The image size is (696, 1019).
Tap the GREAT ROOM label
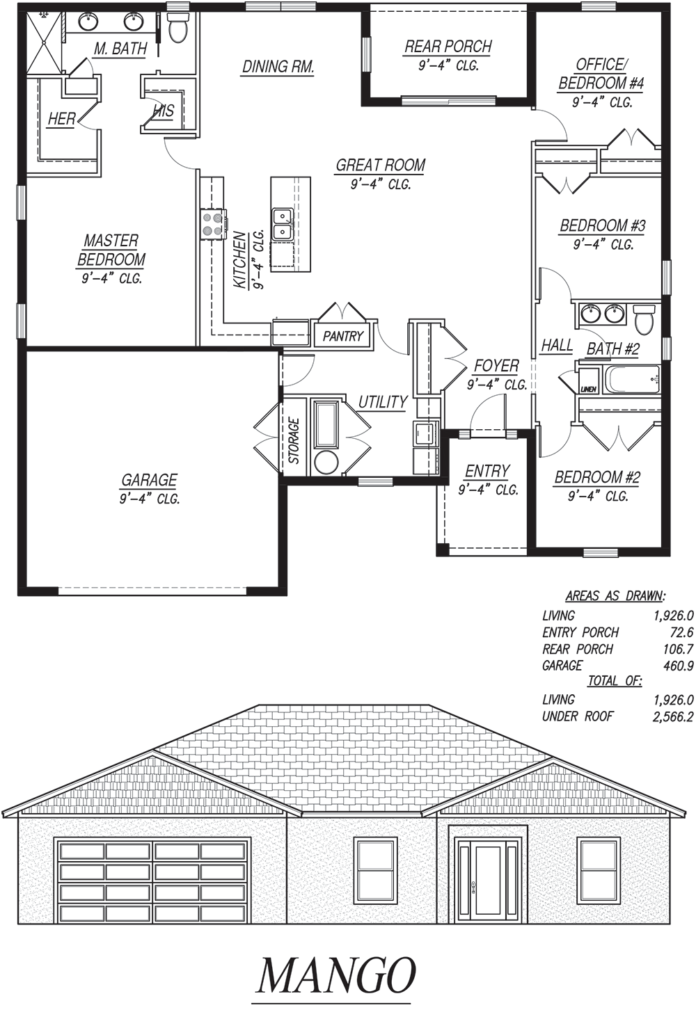pyautogui.click(x=381, y=165)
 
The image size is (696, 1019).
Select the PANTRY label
pyautogui.click(x=343, y=336)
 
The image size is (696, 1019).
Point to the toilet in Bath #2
pyautogui.click(x=644, y=318)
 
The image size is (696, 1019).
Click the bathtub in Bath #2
pyautogui.click(x=632, y=379)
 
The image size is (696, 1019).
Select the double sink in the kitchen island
pyautogui.click(x=282, y=224)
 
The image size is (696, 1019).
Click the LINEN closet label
pyautogui.click(x=587, y=390)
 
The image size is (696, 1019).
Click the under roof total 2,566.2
pyautogui.click(x=673, y=717)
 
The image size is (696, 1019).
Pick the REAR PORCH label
pyautogui.click(x=448, y=47)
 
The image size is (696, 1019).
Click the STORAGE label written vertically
pyautogui.click(x=294, y=441)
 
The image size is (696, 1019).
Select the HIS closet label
pyautogui.click(x=164, y=111)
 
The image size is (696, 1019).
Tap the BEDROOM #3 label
pyautogui.click(x=602, y=225)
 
